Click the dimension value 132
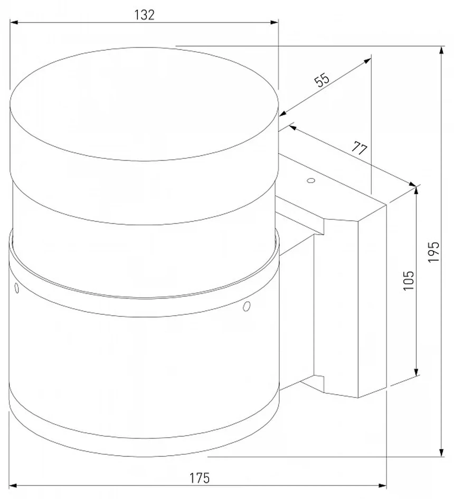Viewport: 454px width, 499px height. click(144, 15)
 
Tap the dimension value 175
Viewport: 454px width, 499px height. click(200, 478)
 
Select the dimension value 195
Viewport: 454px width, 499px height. click(433, 252)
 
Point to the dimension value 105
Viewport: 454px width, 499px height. click(409, 281)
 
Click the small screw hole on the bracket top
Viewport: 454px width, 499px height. click(311, 181)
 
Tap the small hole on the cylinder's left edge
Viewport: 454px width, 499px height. click(17, 288)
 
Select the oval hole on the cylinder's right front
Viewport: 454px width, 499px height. click(247, 306)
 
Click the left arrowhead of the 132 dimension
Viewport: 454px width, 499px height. click(14, 22)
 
